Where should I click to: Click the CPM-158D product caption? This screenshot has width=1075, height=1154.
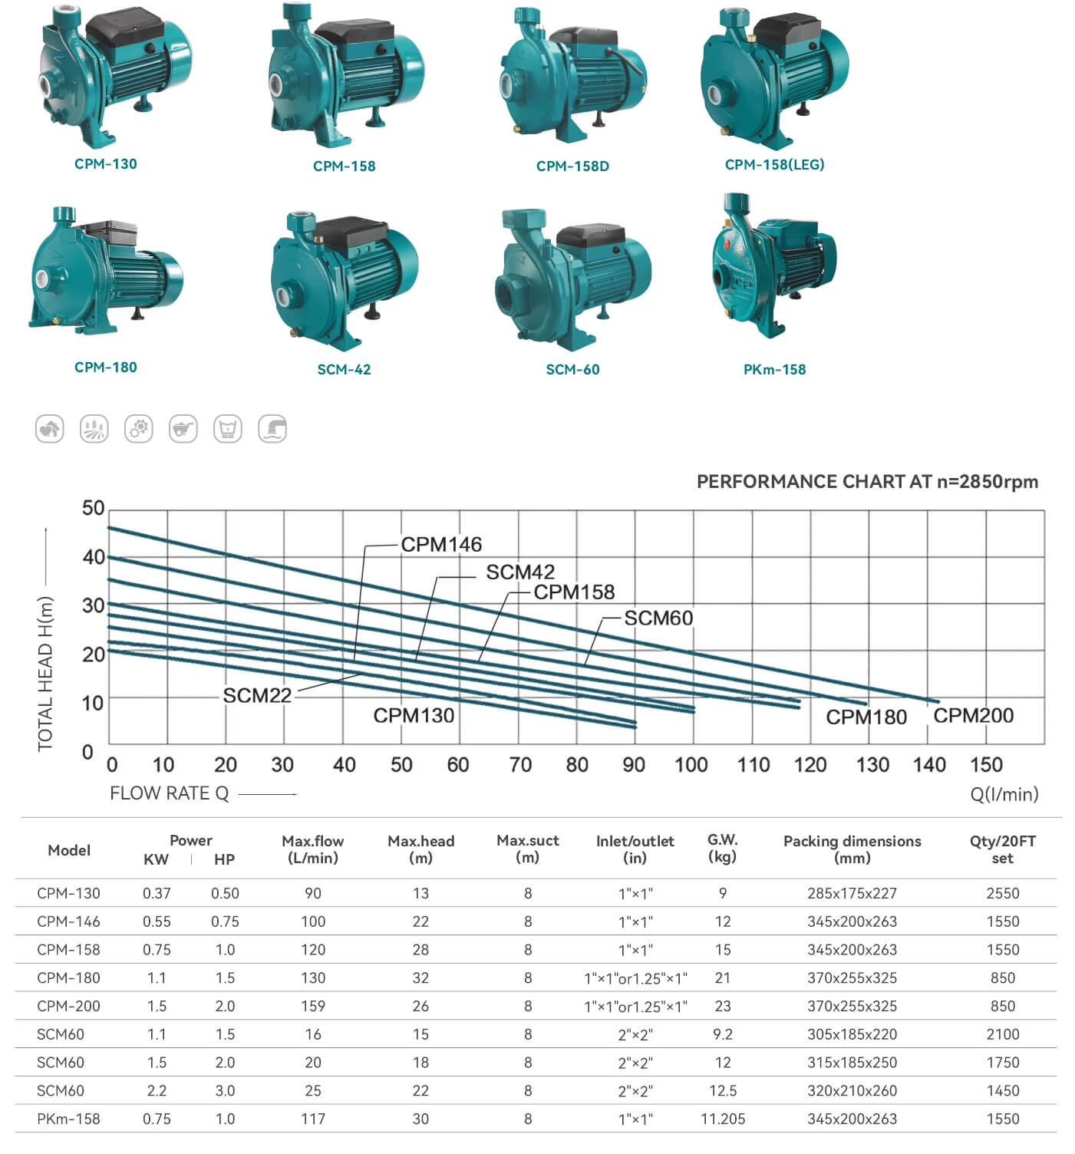[572, 167]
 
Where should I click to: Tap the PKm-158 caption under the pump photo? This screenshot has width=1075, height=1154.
[774, 370]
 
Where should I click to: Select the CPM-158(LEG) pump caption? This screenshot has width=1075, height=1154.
[774, 164]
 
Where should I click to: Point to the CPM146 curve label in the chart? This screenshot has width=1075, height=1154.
[442, 545]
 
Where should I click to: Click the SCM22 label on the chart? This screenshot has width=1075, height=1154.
[257, 695]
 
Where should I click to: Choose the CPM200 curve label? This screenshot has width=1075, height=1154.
[973, 715]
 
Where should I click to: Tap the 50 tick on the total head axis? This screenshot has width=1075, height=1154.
[93, 508]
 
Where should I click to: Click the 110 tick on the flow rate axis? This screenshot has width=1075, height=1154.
[753, 765]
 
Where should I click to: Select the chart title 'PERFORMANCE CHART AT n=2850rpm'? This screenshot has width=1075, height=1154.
[867, 482]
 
